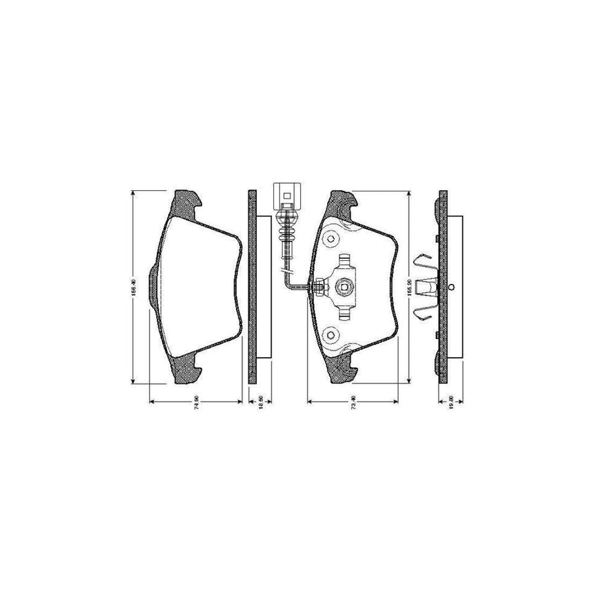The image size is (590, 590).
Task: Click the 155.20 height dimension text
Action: [x=408, y=286]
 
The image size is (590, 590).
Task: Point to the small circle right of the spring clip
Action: [x=452, y=286]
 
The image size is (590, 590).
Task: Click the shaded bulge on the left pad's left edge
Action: [x=153, y=286]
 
